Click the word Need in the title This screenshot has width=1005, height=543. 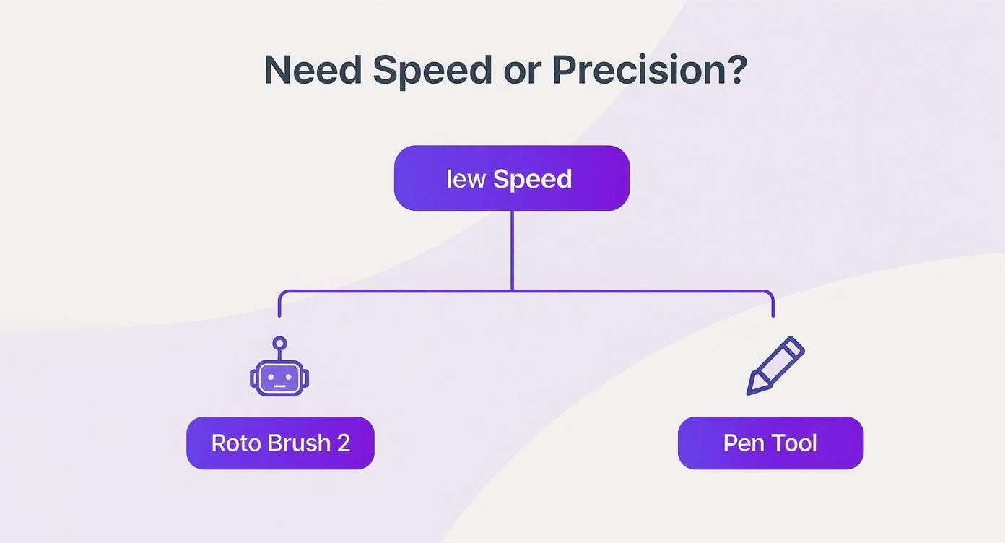(x=312, y=70)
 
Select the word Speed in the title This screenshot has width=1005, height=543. (x=432, y=70)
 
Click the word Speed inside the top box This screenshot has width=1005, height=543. (x=532, y=179)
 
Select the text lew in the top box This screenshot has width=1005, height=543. (x=466, y=179)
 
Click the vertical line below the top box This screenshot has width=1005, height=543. (x=512, y=249)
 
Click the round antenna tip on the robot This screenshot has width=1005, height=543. (x=279, y=343)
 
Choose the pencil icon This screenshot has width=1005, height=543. (x=775, y=365)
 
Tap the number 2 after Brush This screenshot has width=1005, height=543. (x=344, y=443)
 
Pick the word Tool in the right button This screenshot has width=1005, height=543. (x=794, y=443)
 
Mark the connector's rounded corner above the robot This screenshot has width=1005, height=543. (x=282, y=294)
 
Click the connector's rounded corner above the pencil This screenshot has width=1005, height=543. (x=770, y=294)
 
